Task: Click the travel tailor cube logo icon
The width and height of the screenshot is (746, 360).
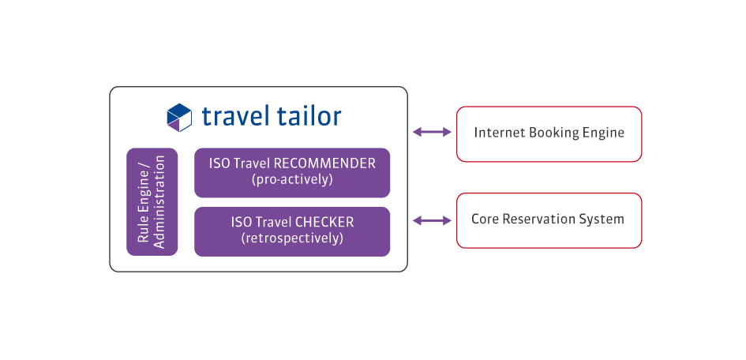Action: click(x=179, y=117)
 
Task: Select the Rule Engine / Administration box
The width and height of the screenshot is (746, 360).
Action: click(x=152, y=201)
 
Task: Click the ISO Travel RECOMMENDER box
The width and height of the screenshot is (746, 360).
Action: click(x=292, y=172)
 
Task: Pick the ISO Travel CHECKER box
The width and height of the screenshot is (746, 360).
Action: click(x=292, y=231)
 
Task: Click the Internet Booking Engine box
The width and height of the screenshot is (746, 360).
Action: click(x=549, y=133)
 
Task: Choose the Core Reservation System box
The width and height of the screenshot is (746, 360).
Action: click(x=549, y=220)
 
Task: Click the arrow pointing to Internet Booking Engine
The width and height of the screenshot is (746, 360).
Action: click(x=432, y=133)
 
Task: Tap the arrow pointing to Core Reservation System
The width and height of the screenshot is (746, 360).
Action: click(x=432, y=220)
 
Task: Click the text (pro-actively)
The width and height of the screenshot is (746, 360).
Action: click(x=292, y=180)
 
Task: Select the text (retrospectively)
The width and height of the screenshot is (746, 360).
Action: click(x=292, y=238)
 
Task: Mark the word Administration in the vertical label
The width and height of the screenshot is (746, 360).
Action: click(x=159, y=201)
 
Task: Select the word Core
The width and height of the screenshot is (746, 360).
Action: click(x=485, y=219)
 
